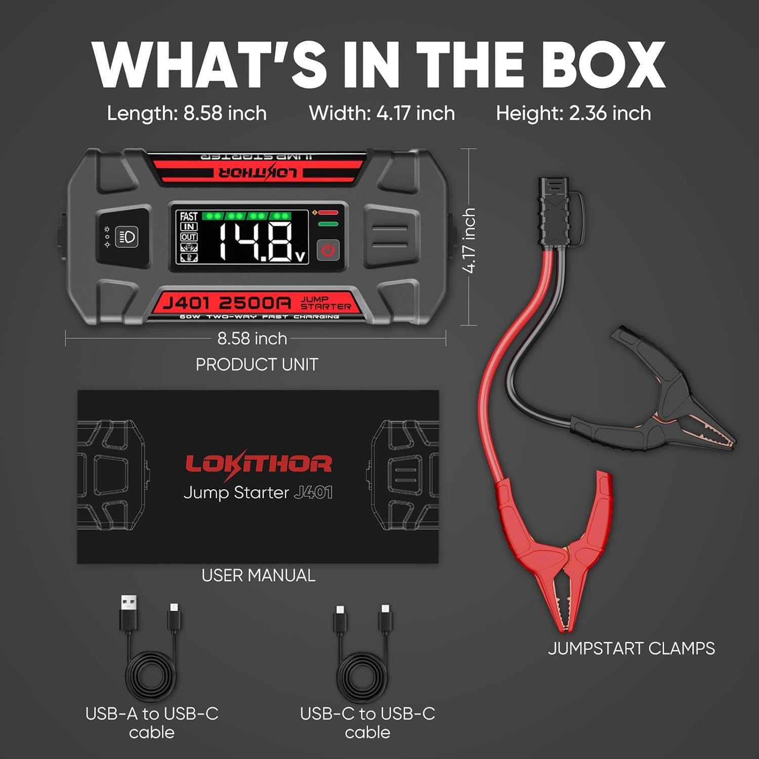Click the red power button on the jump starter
point(328,250)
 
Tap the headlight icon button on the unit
point(126,236)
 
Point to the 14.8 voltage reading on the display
point(257,241)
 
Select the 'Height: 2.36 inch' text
point(573,113)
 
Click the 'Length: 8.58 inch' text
point(187,113)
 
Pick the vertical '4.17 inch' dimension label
point(470,241)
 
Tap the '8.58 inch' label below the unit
point(252,339)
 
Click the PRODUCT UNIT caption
point(257,364)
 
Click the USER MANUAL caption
point(258,575)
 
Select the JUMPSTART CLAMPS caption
point(631,649)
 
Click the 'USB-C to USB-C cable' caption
point(367,723)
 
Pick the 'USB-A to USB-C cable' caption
point(152,723)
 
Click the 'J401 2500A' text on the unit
point(227,303)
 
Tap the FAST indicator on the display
point(189,217)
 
